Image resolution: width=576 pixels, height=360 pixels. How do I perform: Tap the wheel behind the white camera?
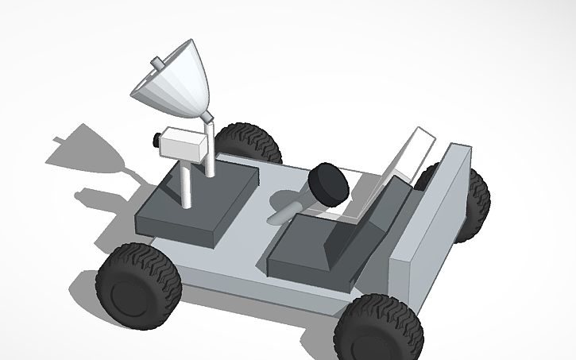tap(248, 144)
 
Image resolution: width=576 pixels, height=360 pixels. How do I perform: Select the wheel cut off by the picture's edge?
tap(377, 329)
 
